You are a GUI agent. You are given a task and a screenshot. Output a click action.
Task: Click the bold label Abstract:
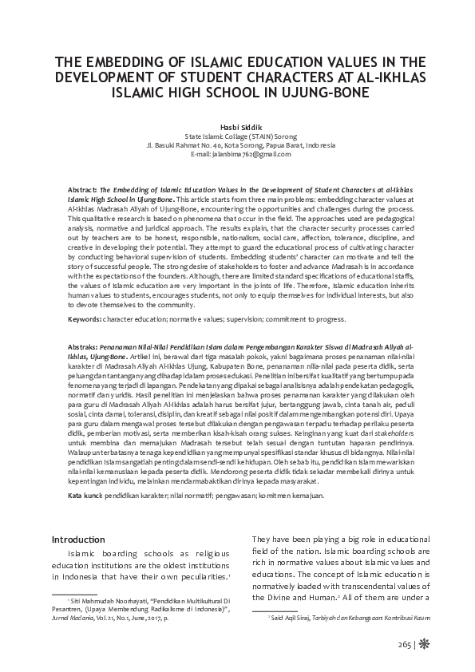(x=84, y=185)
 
